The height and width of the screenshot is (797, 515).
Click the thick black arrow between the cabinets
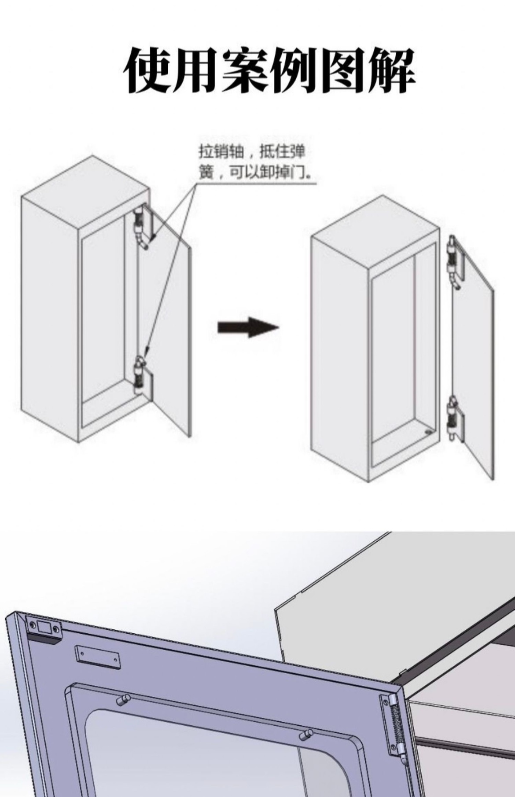(x=248, y=327)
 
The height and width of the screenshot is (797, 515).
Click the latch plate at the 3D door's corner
(x=44, y=628)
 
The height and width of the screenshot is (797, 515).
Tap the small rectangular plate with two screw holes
(x=97, y=657)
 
